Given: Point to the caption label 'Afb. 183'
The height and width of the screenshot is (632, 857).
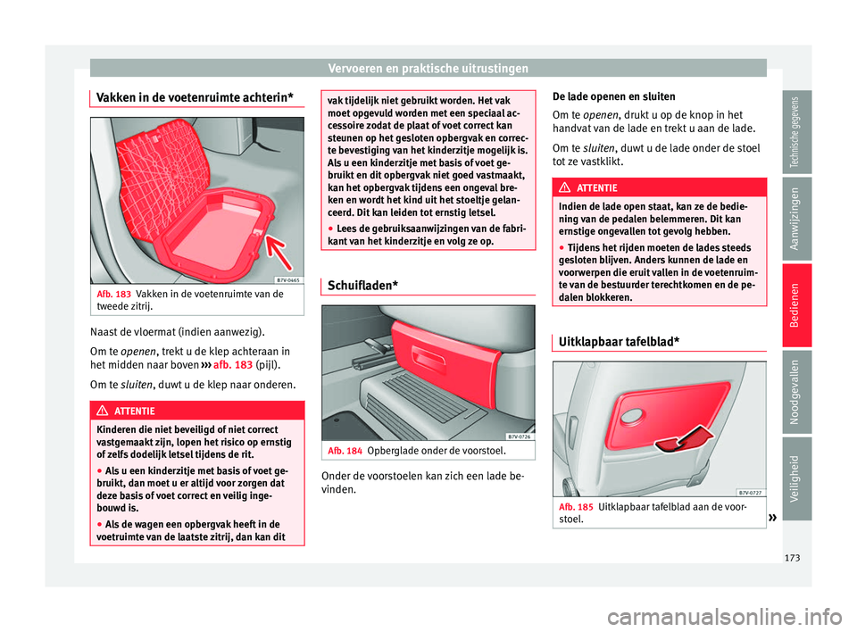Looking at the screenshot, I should click(x=113, y=294).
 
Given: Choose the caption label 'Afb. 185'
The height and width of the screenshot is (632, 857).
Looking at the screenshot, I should click(x=572, y=507).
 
